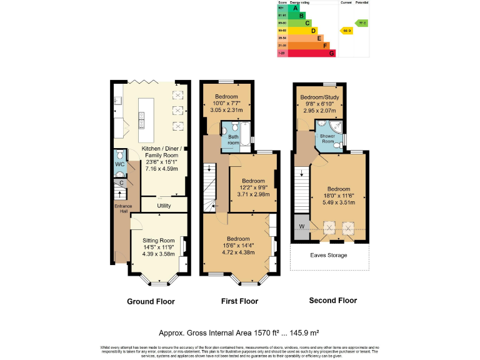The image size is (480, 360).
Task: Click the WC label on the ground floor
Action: pyautogui.click(x=119, y=164)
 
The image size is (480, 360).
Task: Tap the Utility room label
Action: pyautogui.click(x=164, y=205)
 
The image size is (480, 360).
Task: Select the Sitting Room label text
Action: pyautogui.click(x=159, y=240)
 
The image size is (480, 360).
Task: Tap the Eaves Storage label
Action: pyautogui.click(x=329, y=256)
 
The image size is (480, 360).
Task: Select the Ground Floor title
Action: pyautogui.click(x=151, y=301)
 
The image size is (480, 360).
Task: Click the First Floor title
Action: pyautogui.click(x=239, y=301)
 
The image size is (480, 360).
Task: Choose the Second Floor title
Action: pyautogui.click(x=332, y=301)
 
